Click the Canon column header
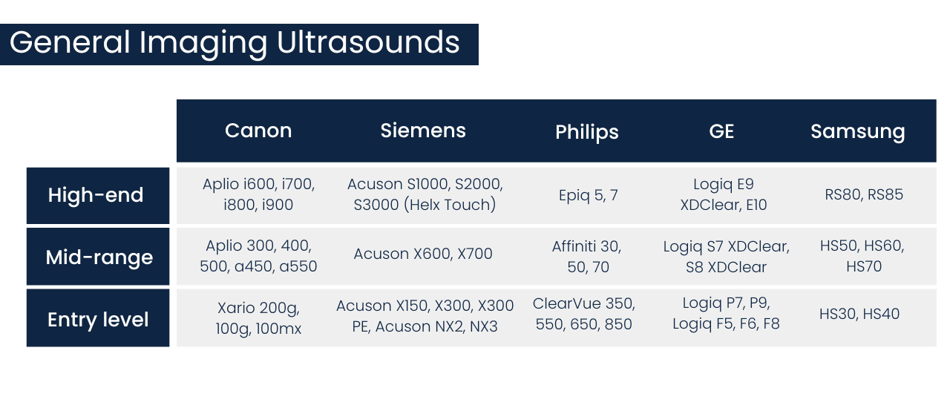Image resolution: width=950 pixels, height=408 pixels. click(x=258, y=131)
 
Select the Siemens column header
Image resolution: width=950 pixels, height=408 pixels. click(x=423, y=131)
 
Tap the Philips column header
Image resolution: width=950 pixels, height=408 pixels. click(x=586, y=132)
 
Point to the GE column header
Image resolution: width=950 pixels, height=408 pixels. click(x=721, y=131)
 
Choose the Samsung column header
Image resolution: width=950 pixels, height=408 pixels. click(x=857, y=131)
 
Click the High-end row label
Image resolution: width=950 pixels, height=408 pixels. click(x=96, y=195)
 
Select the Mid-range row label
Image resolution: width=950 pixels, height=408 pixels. click(x=99, y=257)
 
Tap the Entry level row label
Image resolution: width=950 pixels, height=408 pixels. click(x=98, y=320)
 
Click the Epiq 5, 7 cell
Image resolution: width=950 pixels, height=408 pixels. click(x=588, y=195)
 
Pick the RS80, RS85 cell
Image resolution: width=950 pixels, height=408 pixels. click(x=864, y=195)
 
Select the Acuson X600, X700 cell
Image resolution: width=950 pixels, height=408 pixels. click(x=423, y=254)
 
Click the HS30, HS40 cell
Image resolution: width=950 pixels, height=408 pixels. click(x=859, y=314)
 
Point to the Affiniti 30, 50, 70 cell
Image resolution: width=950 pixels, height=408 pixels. click(x=586, y=257)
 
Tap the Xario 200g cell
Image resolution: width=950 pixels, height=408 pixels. click(x=258, y=317)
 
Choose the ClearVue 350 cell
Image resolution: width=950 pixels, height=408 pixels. click(x=583, y=314)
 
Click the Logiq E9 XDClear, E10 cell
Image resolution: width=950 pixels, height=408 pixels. click(x=724, y=194)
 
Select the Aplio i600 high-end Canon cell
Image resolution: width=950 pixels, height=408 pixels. click(x=258, y=194)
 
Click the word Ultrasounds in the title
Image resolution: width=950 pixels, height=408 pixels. click(x=368, y=42)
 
